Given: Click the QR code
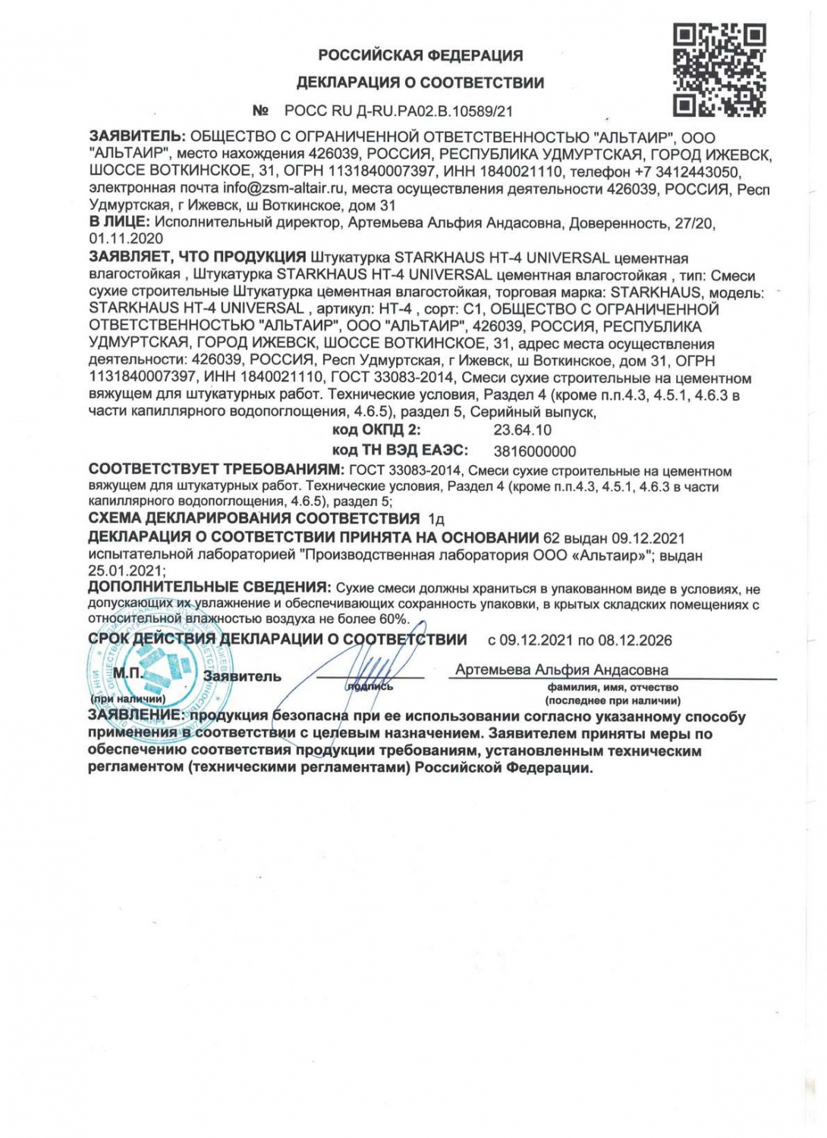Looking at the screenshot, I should tap(719, 70).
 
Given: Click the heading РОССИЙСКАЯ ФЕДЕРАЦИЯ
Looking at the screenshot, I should tap(420, 55).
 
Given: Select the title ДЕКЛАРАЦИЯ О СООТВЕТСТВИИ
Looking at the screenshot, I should tap(420, 83).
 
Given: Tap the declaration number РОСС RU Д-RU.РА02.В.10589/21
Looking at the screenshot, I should tap(398, 111).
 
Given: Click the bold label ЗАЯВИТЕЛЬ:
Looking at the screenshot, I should tap(137, 137).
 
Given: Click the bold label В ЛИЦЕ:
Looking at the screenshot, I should tap(119, 222).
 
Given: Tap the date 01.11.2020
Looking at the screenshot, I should tap(126, 239).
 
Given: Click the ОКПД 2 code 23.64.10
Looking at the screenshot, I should tap(523, 430).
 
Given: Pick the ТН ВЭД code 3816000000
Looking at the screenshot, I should tap(535, 451).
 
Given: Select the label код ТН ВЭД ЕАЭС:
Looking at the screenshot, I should tap(400, 451).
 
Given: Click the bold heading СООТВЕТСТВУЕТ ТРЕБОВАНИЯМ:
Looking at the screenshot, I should tap(216, 470).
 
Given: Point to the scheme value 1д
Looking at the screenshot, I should tap(436, 520).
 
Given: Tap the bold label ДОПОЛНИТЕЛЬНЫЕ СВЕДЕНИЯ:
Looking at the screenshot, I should tap(209, 587).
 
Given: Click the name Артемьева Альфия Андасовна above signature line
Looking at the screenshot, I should tap(561, 670).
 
